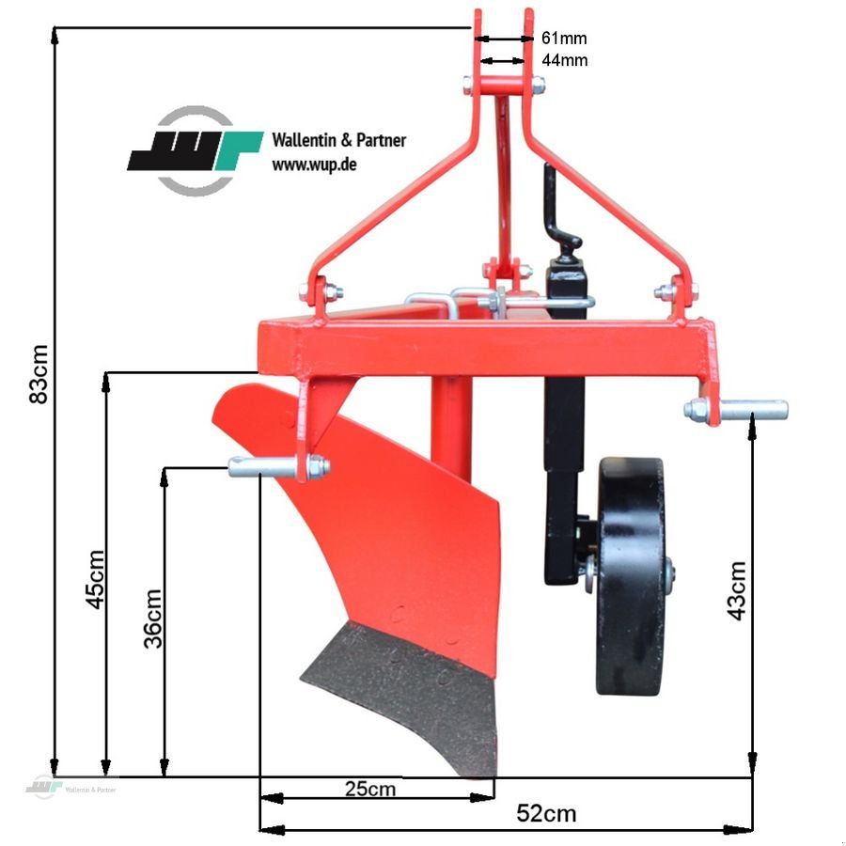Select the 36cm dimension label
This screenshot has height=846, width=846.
153,618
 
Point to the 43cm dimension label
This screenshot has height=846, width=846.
737,590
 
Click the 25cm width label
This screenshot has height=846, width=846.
369,789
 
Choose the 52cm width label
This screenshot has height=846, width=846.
546,813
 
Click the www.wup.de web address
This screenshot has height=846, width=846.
313,164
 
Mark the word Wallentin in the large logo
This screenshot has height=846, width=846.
301,140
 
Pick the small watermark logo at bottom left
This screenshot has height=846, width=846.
42,788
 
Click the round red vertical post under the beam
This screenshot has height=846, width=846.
451,423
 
